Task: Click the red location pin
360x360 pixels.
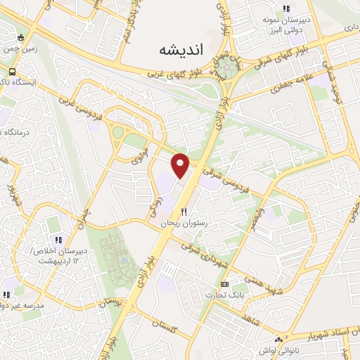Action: point(181,165)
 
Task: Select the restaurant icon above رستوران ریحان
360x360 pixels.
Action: point(184,211)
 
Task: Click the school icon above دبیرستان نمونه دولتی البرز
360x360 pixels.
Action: point(285,9)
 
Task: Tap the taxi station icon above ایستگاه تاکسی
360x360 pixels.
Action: point(13,72)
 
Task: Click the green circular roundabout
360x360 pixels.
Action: point(227,68)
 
